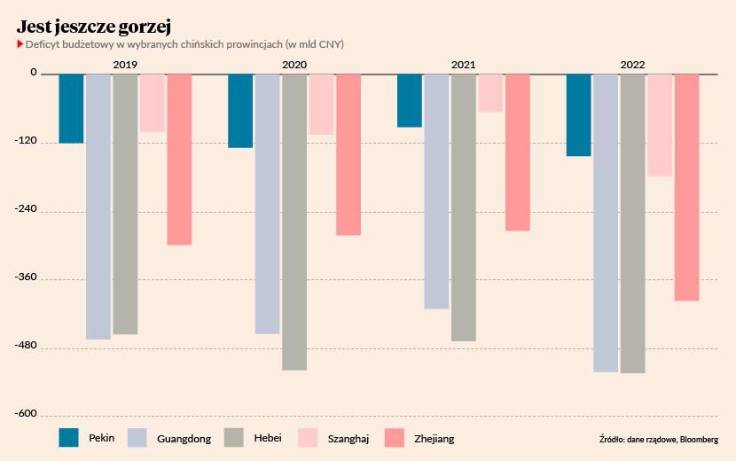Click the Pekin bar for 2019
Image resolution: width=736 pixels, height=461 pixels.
point(71,108)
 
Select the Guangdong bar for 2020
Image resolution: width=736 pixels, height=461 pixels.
point(267,203)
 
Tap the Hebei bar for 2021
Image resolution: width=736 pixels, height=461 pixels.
point(463,207)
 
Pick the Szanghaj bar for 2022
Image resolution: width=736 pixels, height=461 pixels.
point(659,125)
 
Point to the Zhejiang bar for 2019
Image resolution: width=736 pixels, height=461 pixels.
point(179,159)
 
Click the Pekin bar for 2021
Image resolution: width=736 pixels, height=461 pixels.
point(409,100)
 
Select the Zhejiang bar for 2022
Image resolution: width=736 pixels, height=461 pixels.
point(686,187)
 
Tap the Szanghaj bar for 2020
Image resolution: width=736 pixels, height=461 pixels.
point(321,104)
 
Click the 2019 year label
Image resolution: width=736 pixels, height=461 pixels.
point(124,65)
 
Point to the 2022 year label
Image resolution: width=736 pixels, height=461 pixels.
point(632,65)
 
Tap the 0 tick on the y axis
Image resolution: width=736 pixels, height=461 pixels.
point(33,74)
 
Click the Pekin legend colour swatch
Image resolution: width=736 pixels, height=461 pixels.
point(69,438)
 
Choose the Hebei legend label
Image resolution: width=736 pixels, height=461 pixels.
point(268,438)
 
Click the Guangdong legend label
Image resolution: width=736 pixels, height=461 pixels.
point(184,438)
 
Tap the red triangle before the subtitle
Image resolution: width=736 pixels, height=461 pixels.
point(20,43)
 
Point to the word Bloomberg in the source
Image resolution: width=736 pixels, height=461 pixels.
point(700,439)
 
